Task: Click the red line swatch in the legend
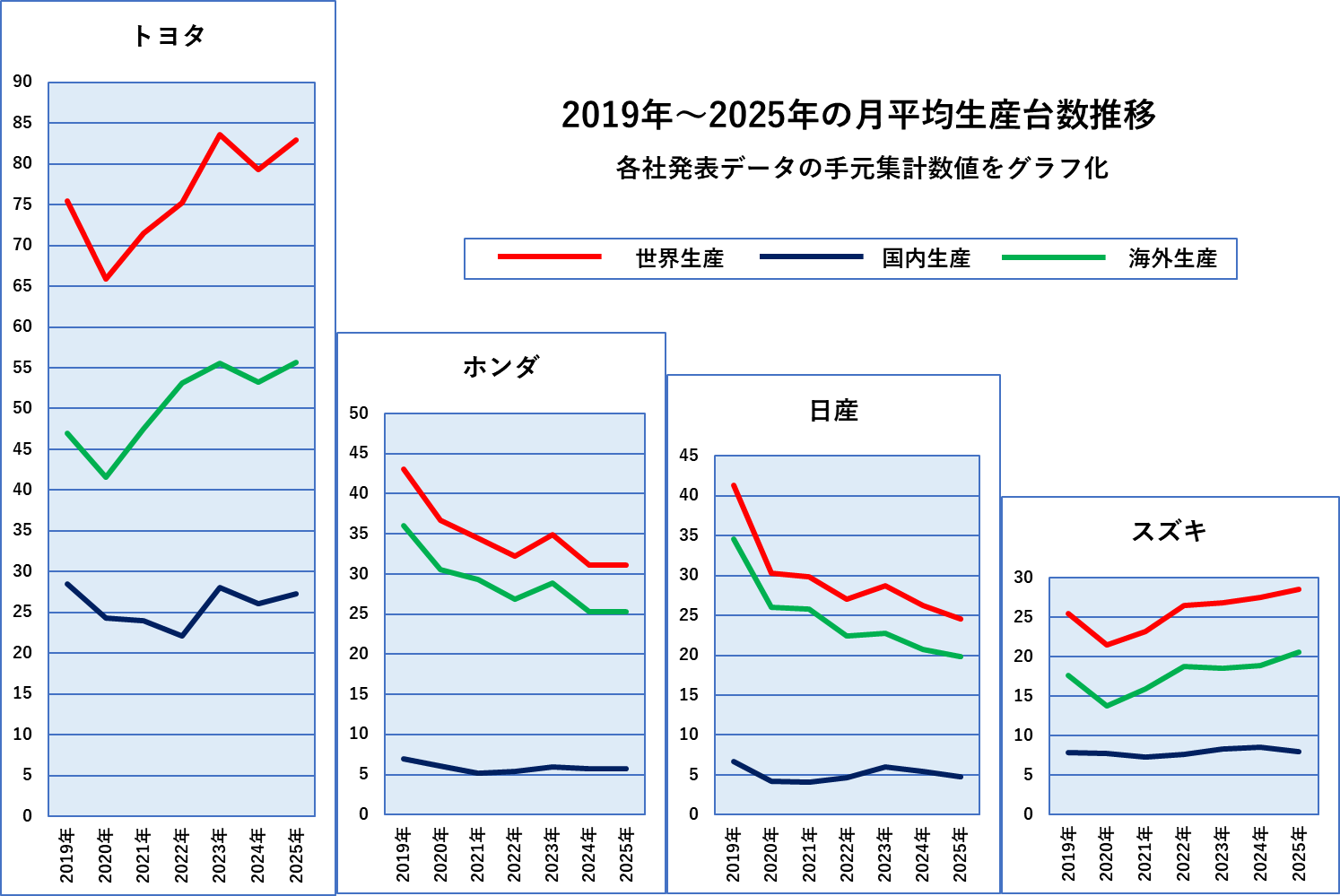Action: [x=549, y=257]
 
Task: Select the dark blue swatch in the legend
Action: [x=811, y=257]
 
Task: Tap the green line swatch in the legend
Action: [x=1053, y=257]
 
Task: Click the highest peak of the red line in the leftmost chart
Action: [x=220, y=135]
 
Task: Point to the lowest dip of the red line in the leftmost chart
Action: [x=106, y=279]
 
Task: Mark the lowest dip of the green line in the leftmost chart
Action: [x=106, y=477]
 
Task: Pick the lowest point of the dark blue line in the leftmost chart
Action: [x=182, y=636]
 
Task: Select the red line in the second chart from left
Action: [x=477, y=538]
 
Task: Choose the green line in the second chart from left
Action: [x=477, y=579]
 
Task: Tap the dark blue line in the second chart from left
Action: [x=515, y=771]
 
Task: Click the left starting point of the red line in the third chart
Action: [x=734, y=485]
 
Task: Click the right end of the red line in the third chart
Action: [x=961, y=619]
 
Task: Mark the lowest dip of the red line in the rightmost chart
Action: [x=1107, y=645]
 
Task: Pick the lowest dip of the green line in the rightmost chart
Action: [x=1107, y=706]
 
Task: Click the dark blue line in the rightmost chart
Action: [x=1184, y=754]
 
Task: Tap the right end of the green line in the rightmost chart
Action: [x=1299, y=652]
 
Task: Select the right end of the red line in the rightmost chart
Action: [x=1299, y=589]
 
